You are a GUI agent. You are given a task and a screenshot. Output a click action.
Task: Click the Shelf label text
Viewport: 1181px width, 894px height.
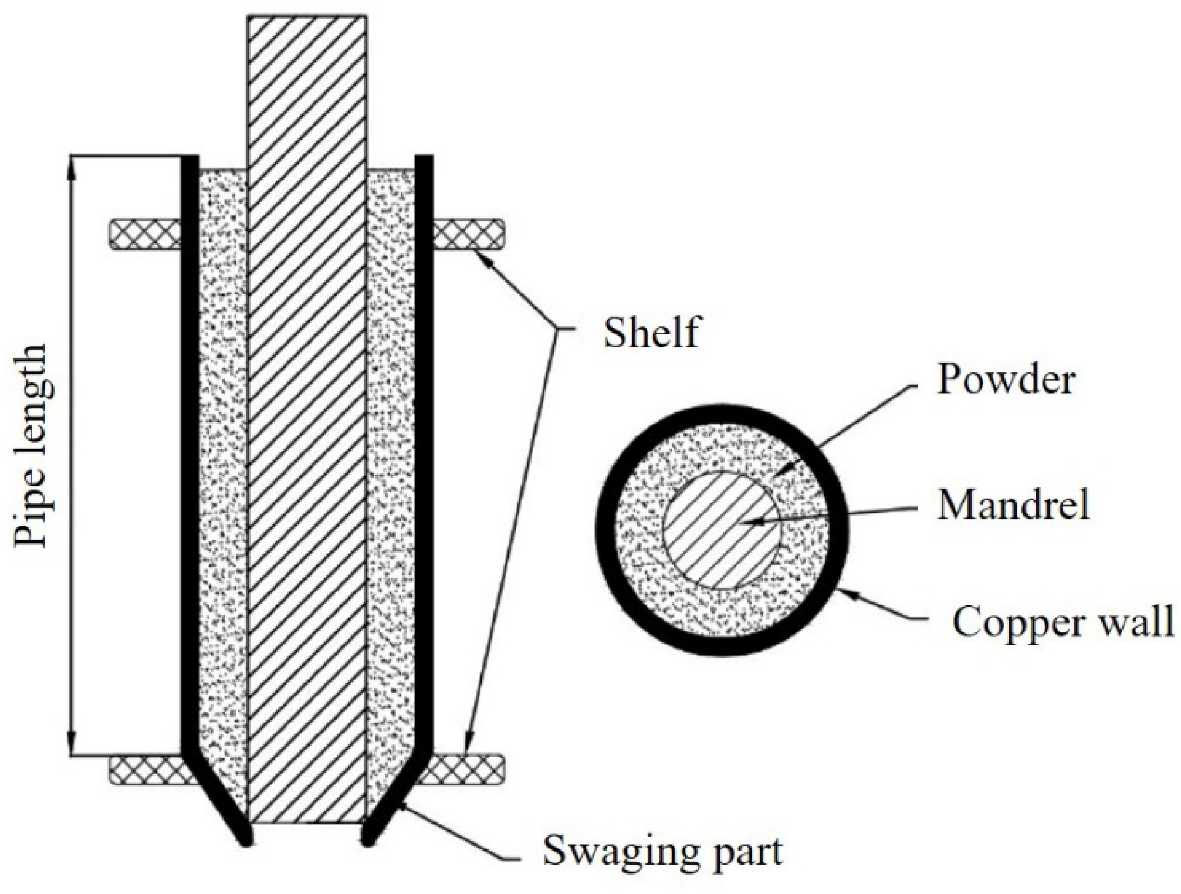tap(651, 333)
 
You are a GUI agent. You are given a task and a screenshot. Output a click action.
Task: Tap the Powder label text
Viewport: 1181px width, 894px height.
tap(1006, 380)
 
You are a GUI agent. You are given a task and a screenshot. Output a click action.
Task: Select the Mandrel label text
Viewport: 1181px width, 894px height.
tap(1013, 505)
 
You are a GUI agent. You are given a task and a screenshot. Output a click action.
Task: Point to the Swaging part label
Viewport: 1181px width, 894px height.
tap(663, 852)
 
